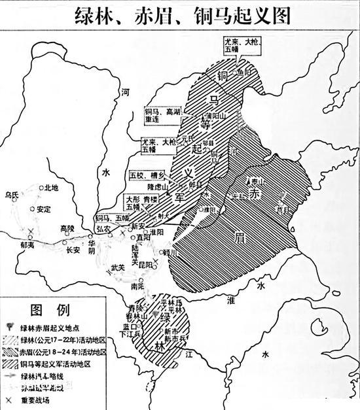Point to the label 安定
point(43,210)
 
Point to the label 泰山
point(254,179)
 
